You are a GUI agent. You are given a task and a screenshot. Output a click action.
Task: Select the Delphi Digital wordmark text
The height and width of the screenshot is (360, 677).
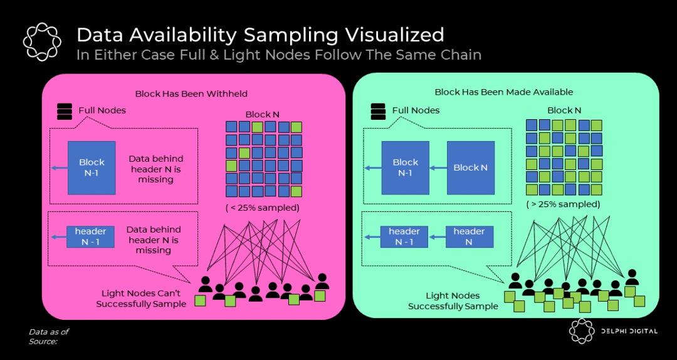pyautogui.click(x=630, y=331)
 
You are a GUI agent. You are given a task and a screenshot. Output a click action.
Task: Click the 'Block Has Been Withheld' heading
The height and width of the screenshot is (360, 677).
pyautogui.click(x=191, y=93)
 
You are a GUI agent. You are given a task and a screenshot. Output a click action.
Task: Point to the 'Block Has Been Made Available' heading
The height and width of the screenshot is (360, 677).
pyautogui.click(x=504, y=92)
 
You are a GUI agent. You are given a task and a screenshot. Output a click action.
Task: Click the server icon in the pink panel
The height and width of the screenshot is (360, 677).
pyautogui.click(x=64, y=111)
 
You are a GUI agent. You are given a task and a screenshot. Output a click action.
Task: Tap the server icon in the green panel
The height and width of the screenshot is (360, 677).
pyautogui.click(x=378, y=110)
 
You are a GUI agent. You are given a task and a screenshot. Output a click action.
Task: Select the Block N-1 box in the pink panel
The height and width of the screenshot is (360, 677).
pyautogui.click(x=92, y=167)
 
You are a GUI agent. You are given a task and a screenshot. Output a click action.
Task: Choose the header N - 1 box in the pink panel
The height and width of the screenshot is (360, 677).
pyautogui.click(x=90, y=236)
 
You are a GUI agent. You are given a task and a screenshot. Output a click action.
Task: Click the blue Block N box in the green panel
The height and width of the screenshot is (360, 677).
pyautogui.click(x=470, y=167)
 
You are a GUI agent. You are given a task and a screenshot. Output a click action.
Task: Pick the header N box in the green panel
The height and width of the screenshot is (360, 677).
pyautogui.click(x=469, y=236)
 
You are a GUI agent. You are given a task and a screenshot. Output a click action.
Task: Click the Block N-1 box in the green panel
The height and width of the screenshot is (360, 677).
pyautogui.click(x=405, y=167)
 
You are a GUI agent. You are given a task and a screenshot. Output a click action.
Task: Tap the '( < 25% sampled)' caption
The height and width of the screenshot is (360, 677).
pyautogui.click(x=262, y=207)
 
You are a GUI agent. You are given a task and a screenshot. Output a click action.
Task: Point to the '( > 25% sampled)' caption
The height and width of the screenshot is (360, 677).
pyautogui.click(x=563, y=204)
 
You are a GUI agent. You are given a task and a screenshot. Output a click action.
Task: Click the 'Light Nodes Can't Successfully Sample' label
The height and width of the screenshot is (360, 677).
pyautogui.click(x=141, y=299)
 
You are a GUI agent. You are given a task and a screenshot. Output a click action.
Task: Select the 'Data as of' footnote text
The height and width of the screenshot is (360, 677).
pyautogui.click(x=48, y=332)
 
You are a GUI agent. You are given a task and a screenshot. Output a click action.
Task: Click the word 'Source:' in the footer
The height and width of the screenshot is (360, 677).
pyautogui.click(x=43, y=341)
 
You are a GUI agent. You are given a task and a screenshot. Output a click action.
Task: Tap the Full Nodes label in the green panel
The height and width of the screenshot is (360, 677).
pyautogui.click(x=416, y=110)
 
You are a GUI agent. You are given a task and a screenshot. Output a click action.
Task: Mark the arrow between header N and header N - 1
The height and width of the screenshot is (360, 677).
pyautogui.click(x=438, y=237)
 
